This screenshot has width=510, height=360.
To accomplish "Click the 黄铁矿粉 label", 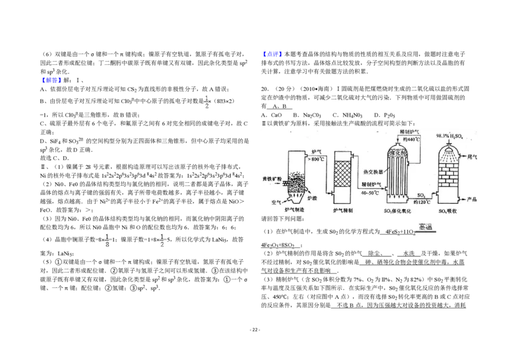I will coord(273,179).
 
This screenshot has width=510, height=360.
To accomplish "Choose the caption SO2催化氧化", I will coord(398,210).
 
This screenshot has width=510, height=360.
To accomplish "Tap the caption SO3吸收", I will coord(449,210).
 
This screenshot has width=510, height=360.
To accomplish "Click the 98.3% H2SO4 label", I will coord(449,136).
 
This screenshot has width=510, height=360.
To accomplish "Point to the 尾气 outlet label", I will coord(472,155).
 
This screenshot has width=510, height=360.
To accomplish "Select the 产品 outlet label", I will coord(472,199).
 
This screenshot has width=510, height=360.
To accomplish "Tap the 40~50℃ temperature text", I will coord(370,192).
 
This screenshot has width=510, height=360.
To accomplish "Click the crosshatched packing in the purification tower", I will coord(343,174).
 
